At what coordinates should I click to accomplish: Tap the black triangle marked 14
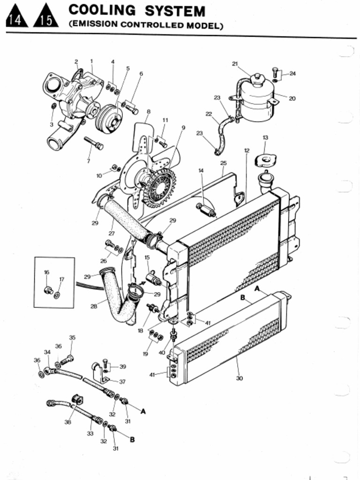(x=16, y=17)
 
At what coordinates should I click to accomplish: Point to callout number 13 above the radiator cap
(x=265, y=137)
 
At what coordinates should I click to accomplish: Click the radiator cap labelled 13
(x=265, y=161)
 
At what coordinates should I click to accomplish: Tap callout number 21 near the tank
(x=235, y=64)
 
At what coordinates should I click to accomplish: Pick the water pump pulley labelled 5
(x=109, y=119)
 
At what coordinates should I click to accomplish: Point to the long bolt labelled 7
(x=94, y=142)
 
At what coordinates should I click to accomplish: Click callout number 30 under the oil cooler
(x=240, y=378)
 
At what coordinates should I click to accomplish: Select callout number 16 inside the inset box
(x=46, y=272)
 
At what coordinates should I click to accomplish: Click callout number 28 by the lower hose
(x=94, y=306)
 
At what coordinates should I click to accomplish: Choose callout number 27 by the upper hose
(x=112, y=233)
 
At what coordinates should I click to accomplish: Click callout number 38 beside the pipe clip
(x=67, y=422)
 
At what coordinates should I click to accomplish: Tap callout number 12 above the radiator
(x=247, y=150)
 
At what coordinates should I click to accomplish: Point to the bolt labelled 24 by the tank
(x=275, y=73)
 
